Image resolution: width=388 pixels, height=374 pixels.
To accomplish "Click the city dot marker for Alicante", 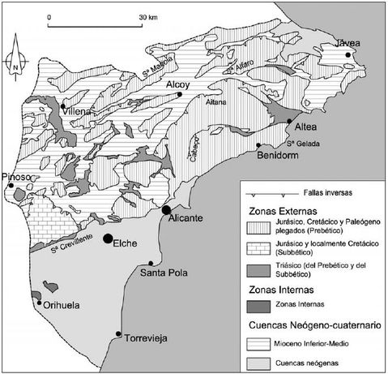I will click(x=166, y=210).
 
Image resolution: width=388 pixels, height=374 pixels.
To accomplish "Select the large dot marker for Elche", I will click(x=108, y=238).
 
